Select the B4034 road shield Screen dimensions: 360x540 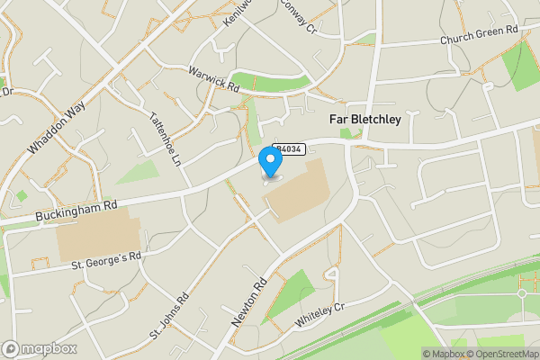[x=288, y=148]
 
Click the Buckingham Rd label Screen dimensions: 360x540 [x=77, y=211]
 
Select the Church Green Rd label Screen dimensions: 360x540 [x=479, y=35]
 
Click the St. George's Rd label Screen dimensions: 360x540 [x=107, y=261]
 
